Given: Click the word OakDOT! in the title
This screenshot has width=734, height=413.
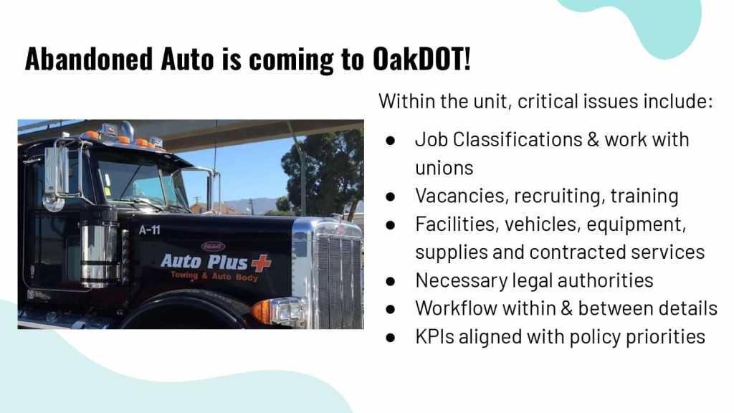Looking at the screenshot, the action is [x=421, y=59].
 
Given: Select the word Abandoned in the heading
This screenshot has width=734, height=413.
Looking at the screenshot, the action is [x=89, y=59].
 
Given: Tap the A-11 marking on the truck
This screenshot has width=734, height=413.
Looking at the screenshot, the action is [x=149, y=230].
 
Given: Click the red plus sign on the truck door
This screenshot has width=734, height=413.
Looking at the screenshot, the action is [x=261, y=263].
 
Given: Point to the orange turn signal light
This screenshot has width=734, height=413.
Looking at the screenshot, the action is [x=262, y=310].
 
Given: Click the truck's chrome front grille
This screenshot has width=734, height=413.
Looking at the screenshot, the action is [x=339, y=281].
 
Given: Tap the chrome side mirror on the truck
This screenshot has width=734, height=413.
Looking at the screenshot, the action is [x=57, y=171].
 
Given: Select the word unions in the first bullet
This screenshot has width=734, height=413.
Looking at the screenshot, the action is [x=444, y=168].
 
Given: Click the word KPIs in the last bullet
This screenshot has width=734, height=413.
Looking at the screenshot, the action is [x=434, y=336].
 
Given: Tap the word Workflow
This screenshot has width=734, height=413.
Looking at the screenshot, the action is [x=455, y=308].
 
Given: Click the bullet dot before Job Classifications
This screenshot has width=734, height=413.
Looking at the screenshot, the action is [x=391, y=140].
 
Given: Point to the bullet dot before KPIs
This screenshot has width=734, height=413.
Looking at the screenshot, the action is [x=391, y=337].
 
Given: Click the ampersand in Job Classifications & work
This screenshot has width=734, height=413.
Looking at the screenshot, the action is [x=593, y=140].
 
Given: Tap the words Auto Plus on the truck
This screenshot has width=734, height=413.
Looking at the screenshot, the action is [x=204, y=262].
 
